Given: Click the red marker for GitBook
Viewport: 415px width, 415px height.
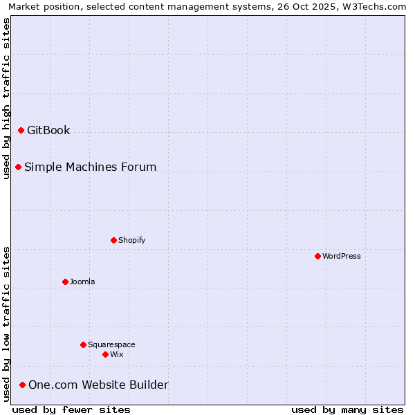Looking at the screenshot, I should (21, 130).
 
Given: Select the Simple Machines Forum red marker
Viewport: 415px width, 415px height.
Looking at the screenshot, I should (18, 167).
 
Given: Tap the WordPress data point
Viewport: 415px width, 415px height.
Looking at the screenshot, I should (317, 256).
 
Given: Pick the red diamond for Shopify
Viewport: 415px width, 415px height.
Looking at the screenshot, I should (113, 240).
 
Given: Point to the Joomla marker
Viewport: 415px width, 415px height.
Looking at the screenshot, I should (65, 282).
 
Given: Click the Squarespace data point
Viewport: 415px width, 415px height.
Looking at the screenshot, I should (83, 344).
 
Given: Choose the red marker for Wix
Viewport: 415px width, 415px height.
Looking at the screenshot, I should (105, 354).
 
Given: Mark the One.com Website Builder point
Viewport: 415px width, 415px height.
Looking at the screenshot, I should (22, 385).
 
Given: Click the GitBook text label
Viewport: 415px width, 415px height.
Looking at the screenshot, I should (48, 130).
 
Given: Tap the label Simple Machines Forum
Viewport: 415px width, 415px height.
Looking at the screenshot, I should (90, 167).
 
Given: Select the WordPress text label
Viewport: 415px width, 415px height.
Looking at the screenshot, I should (342, 256).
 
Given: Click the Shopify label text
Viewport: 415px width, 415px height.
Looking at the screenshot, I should (131, 240).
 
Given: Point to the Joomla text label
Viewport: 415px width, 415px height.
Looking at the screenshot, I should (82, 282).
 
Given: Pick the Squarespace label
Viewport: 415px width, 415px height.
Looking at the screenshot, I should (111, 344).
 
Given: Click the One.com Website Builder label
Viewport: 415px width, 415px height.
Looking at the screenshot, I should (98, 385).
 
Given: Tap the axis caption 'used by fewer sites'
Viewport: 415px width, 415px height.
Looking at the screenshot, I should (71, 409).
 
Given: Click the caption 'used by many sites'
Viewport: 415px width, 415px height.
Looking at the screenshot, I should (347, 409).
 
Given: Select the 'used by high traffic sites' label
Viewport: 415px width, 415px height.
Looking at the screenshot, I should (6, 98).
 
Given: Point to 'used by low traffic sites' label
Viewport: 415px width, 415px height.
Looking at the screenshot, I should (6, 324).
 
